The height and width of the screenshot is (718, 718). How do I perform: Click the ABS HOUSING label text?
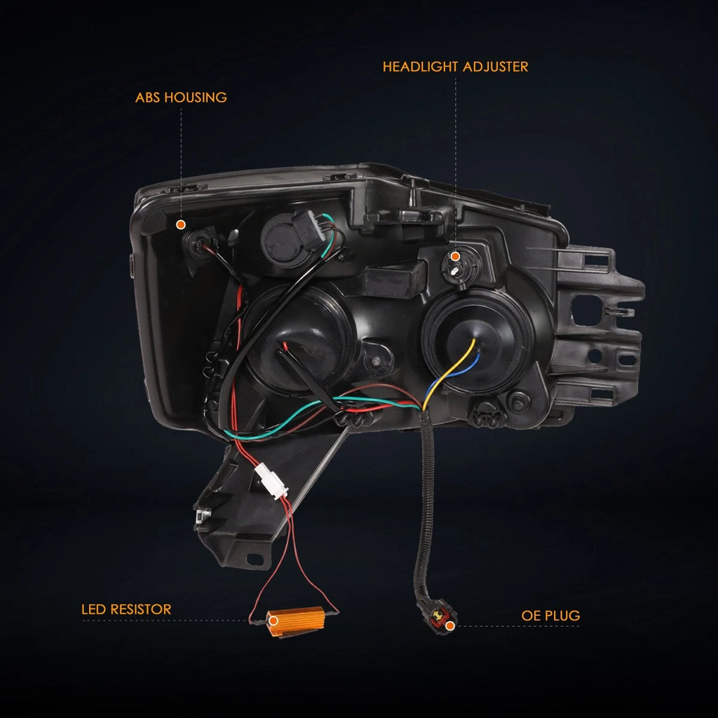[x=181, y=97]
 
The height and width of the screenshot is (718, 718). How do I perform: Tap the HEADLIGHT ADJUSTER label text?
[x=455, y=67]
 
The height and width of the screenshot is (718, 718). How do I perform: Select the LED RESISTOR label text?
[x=126, y=609]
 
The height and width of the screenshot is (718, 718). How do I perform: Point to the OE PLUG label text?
[x=550, y=616]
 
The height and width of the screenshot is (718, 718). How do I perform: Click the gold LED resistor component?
[x=296, y=621]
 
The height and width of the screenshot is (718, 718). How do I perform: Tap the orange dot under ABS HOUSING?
[x=181, y=224]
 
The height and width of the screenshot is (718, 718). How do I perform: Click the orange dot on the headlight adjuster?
[x=455, y=257]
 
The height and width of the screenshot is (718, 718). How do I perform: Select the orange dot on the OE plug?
[x=450, y=625]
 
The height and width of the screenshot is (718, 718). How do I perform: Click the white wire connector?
[x=272, y=481]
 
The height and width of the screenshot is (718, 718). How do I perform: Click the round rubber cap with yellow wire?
[x=477, y=341]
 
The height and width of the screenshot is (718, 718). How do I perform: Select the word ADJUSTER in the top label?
[x=495, y=67]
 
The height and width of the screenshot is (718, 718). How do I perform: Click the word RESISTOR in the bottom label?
[x=140, y=609]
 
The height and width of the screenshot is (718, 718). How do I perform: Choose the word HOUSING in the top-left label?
[x=196, y=97]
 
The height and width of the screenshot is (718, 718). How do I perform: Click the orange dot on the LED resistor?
[x=273, y=621]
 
